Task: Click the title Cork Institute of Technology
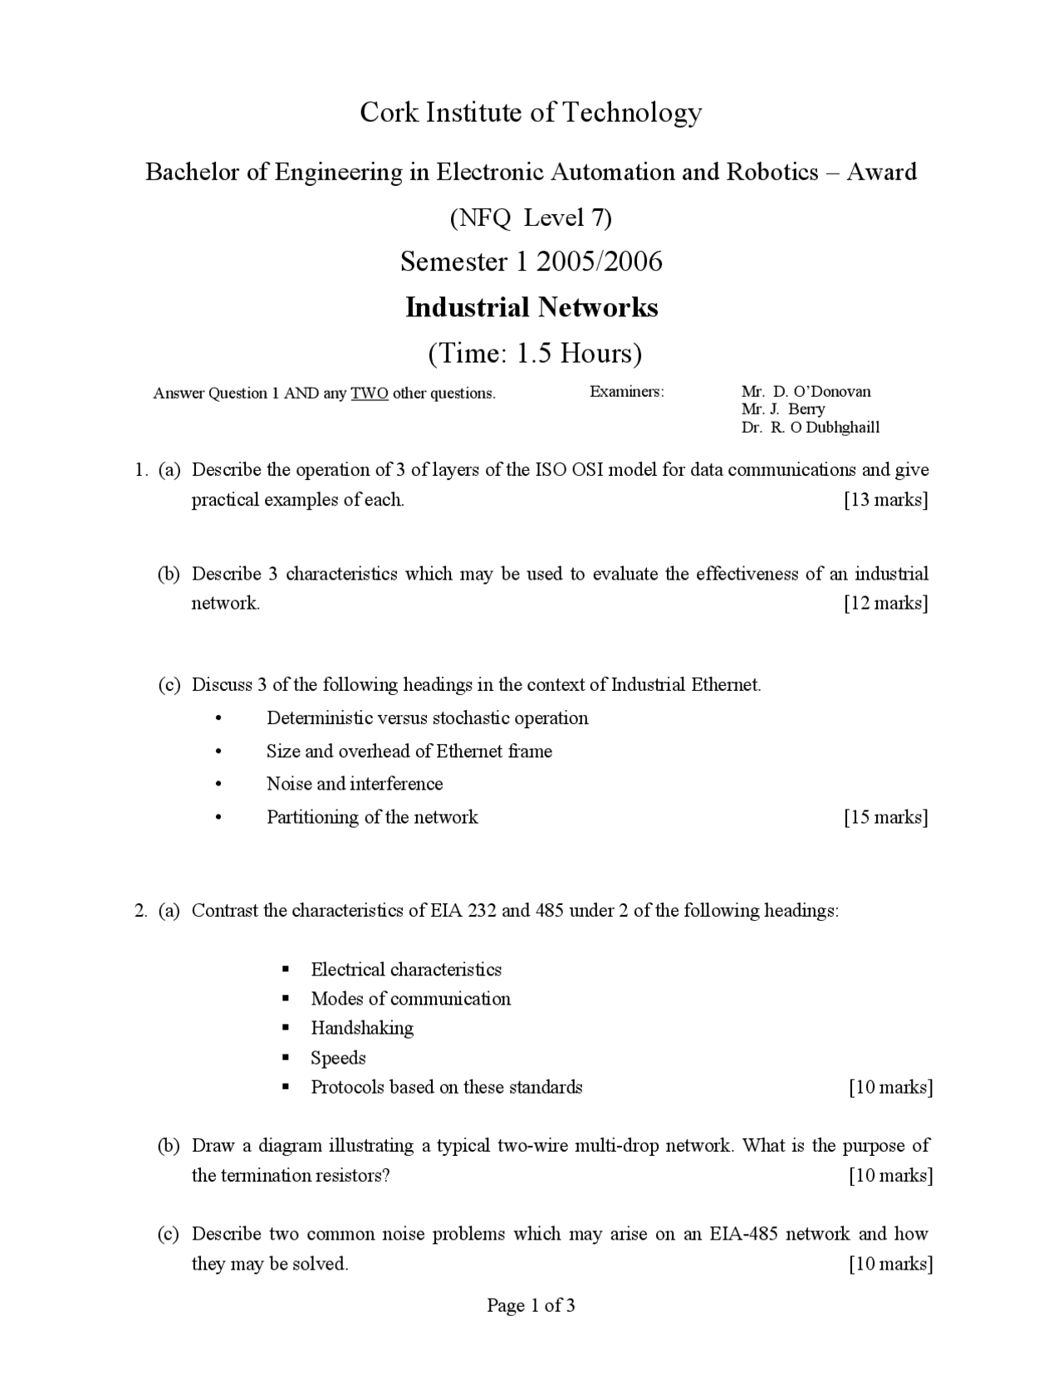[x=531, y=112]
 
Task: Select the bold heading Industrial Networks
[x=531, y=307]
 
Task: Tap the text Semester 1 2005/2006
[x=531, y=262]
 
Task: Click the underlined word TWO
[x=370, y=394]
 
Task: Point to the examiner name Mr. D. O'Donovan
[x=806, y=391]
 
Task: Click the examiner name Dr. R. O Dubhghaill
[x=810, y=428]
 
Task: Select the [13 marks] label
[x=885, y=500]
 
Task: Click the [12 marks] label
[x=885, y=603]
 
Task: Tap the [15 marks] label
[x=885, y=817]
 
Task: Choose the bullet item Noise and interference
[x=355, y=784]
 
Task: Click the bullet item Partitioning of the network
[x=372, y=817]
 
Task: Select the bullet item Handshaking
[x=362, y=1028]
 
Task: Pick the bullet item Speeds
[x=338, y=1058]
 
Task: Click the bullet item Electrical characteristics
[x=406, y=970]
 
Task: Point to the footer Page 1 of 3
[x=531, y=1306]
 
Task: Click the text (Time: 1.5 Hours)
[x=534, y=354]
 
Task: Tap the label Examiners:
[x=627, y=392]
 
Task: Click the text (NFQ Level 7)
[x=531, y=218]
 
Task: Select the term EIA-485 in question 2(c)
[x=744, y=1234]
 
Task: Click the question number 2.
[x=140, y=911]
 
